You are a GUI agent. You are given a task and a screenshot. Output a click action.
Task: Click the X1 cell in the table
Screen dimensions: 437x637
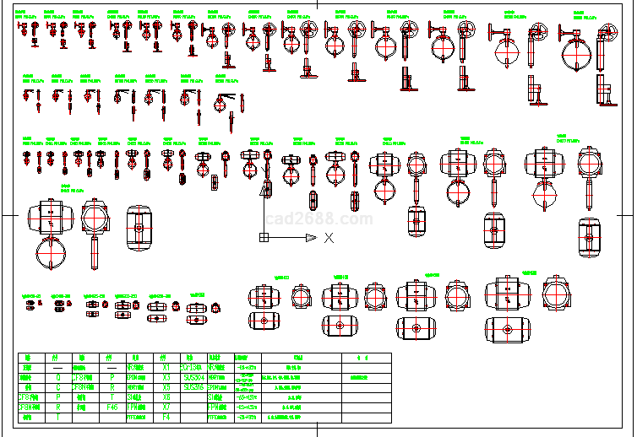166,368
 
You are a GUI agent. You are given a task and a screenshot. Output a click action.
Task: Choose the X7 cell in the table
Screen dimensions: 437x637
166,407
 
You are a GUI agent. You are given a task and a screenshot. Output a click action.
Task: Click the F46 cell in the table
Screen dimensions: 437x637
112,407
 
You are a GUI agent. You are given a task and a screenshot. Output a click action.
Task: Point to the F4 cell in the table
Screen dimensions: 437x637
166,417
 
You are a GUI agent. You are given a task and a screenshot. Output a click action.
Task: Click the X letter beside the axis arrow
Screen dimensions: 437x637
329,239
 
